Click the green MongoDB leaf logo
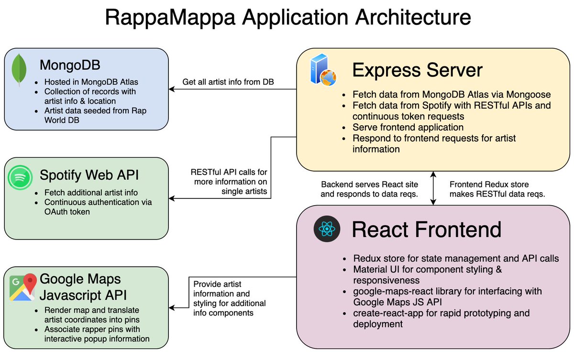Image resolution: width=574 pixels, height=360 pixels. [19, 69]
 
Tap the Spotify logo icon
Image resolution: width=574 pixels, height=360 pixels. [20, 177]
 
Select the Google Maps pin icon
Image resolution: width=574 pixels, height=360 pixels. [22, 287]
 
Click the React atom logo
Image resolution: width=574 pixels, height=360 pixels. [327, 229]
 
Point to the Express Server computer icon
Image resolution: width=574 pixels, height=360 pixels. [323, 70]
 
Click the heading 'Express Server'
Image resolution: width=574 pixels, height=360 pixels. [417, 70]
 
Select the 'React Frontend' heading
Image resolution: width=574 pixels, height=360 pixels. [426, 229]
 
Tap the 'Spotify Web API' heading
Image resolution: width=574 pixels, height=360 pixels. [89, 175]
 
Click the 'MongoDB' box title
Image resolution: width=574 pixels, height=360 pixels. [70, 65]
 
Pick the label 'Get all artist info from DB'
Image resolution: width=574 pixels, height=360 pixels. [228, 82]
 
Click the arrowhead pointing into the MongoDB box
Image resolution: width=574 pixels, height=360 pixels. [171, 89]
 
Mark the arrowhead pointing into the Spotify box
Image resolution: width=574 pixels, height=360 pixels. [171, 198]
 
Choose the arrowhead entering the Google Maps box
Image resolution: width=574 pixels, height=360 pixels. [171, 308]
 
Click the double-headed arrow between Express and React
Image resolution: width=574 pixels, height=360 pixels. [433, 188]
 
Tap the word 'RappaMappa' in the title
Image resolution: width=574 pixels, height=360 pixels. [170, 18]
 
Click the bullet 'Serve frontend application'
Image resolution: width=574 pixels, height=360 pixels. [408, 127]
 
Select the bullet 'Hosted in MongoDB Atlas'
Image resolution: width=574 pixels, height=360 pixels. [91, 82]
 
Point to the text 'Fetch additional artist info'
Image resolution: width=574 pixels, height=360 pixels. [91, 193]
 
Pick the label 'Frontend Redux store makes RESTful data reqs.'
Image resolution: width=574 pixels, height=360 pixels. [497, 189]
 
